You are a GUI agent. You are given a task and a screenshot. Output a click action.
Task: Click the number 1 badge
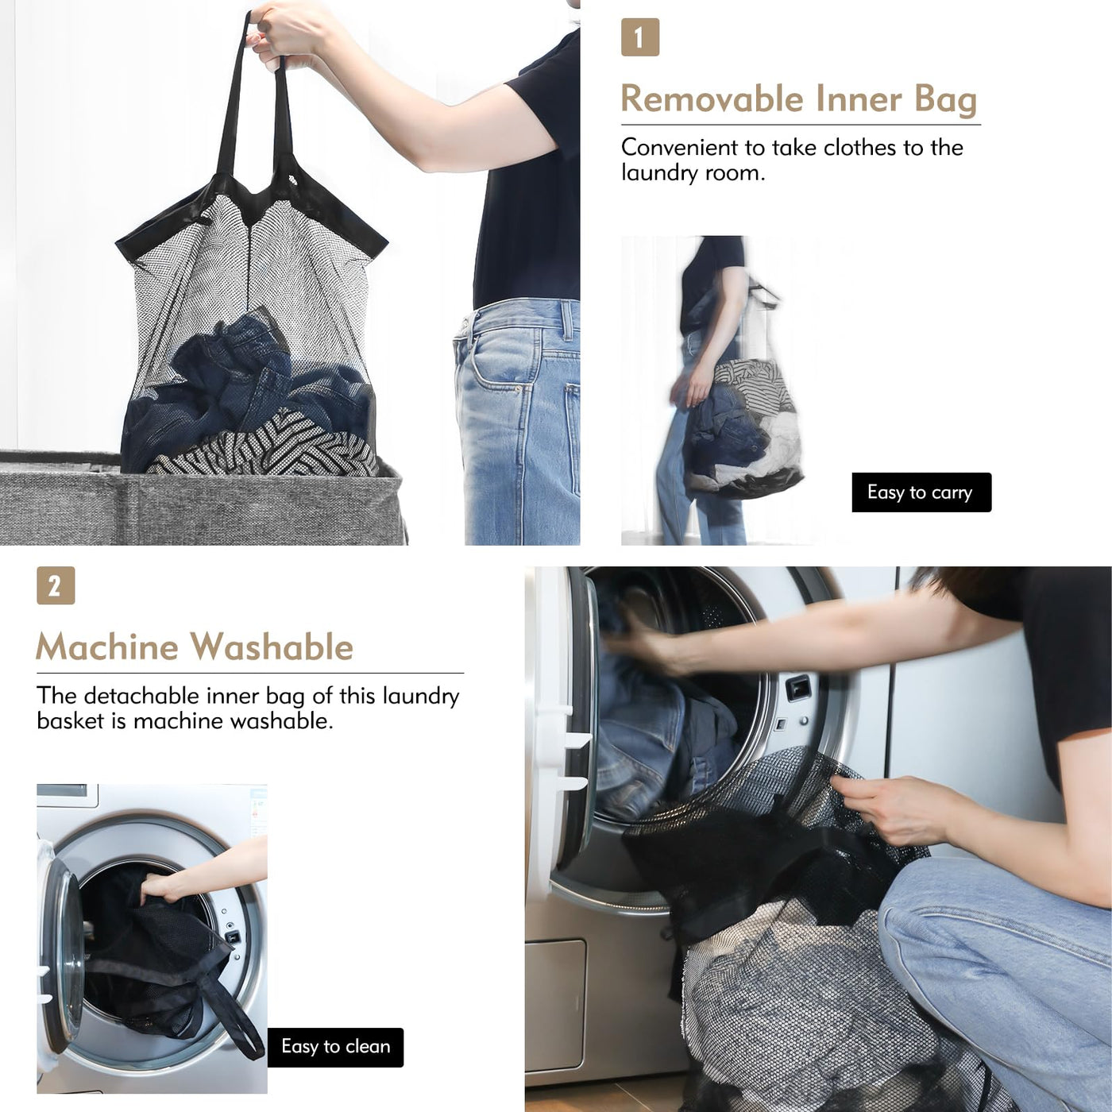640,37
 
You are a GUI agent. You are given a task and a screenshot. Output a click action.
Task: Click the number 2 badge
56,585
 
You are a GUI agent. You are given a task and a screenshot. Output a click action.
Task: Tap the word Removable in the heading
712,98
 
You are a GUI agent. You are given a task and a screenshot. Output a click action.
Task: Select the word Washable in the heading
272,647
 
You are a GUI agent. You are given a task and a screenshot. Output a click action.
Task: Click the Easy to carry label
921,492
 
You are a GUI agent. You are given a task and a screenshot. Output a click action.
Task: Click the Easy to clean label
335,1046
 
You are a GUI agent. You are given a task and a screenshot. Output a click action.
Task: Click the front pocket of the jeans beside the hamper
496,369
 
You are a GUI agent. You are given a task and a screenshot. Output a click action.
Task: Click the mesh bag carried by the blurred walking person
744,427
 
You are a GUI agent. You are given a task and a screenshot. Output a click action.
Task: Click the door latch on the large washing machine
799,688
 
